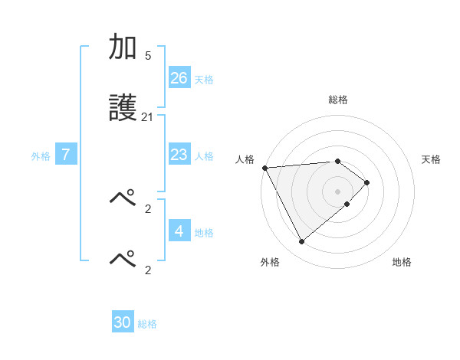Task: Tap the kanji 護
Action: point(123,109)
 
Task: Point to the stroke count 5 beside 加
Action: point(147,56)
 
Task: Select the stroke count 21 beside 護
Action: point(147,116)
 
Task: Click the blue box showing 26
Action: point(179,77)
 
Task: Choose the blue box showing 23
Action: point(179,155)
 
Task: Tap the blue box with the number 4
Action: point(179,231)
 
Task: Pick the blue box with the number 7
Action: point(66,155)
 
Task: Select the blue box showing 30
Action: point(123,322)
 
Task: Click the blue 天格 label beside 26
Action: point(204,79)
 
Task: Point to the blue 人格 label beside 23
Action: point(204,156)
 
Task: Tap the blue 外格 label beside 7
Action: point(41,156)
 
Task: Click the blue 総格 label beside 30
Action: point(147,324)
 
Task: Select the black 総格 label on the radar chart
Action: point(338,100)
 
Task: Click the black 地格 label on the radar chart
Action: point(402,262)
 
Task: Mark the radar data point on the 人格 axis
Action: point(264,168)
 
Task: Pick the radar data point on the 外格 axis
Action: point(301,242)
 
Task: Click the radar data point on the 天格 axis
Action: point(367,182)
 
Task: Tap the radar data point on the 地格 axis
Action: point(347,204)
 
